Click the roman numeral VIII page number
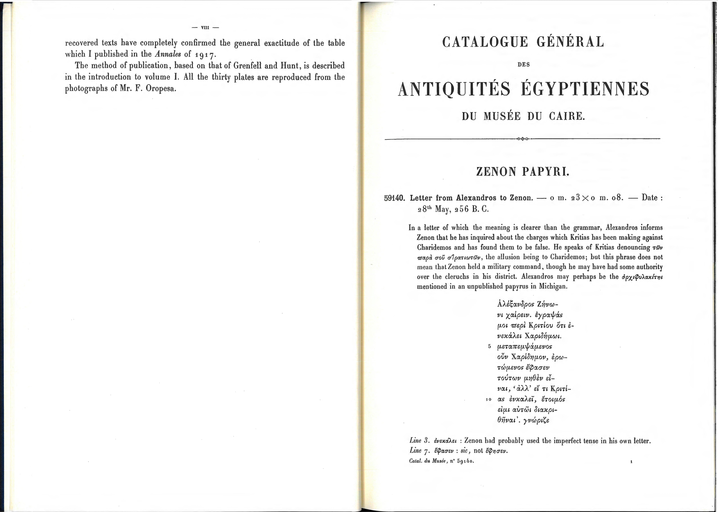205,27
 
